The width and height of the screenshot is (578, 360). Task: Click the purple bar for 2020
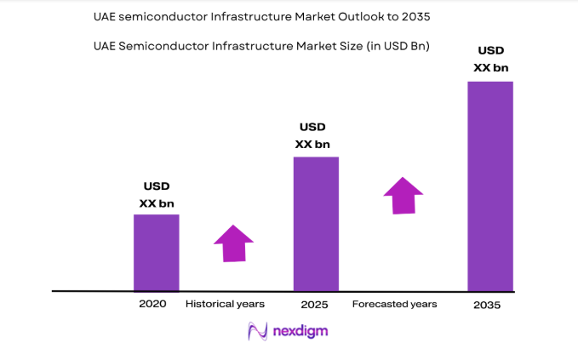(x=156, y=252)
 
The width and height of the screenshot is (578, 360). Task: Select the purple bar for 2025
(x=316, y=223)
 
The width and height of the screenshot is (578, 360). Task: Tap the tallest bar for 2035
(x=490, y=186)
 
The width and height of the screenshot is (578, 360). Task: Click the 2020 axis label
(x=153, y=304)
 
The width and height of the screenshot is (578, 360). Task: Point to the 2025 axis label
(x=315, y=304)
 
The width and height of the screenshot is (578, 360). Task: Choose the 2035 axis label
(x=489, y=305)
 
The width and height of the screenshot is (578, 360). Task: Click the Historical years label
(x=225, y=304)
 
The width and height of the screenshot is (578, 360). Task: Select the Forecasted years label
(x=394, y=304)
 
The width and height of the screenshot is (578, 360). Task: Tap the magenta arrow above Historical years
(x=232, y=243)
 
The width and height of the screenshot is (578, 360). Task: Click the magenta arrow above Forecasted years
(x=403, y=195)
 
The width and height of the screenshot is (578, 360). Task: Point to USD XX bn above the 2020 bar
(x=157, y=195)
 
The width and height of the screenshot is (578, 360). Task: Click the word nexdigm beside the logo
(x=300, y=332)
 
